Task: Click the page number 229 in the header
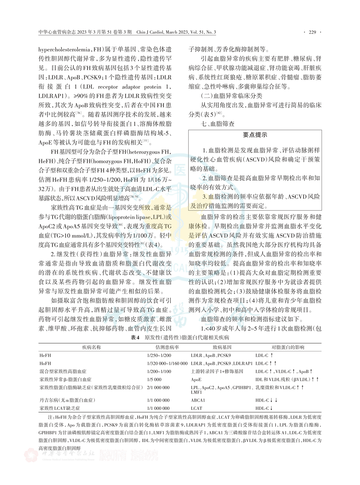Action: click(x=312, y=32)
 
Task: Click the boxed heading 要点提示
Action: click(x=255, y=135)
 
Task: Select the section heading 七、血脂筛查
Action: click(x=217, y=124)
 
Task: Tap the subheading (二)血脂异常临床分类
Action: click(x=231, y=96)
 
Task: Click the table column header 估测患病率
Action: click(x=167, y=347)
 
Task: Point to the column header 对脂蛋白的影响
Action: click(x=288, y=347)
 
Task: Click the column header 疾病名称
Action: click(x=91, y=347)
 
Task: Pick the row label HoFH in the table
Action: click(x=45, y=363)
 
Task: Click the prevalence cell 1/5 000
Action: click(x=154, y=380)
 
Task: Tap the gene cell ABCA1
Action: click(x=198, y=400)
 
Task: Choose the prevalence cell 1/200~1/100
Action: click(x=159, y=371)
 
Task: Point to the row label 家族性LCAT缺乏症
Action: click(x=60, y=408)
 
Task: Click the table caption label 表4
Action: click(x=135, y=337)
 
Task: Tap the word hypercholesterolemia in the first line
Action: click(x=64, y=50)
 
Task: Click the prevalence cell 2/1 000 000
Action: click(x=158, y=387)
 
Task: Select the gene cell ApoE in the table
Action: click(x=196, y=380)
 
